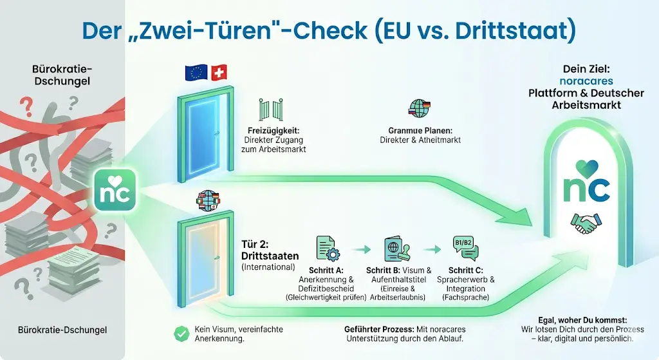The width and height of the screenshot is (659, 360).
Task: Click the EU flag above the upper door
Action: tap(196, 72)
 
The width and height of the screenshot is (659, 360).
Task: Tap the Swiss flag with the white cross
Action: tap(219, 72)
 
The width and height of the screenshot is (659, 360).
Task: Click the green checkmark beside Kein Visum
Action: tap(181, 333)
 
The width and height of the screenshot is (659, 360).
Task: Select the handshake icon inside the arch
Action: tap(584, 224)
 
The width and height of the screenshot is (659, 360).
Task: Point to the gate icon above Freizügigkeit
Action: tap(271, 109)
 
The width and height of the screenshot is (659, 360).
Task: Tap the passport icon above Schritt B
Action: tap(396, 249)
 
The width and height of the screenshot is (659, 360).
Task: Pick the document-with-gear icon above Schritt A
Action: tap(327, 249)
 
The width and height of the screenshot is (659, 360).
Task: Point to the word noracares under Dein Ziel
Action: tap(586, 82)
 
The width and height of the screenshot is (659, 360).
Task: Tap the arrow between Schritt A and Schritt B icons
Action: tap(363, 249)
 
